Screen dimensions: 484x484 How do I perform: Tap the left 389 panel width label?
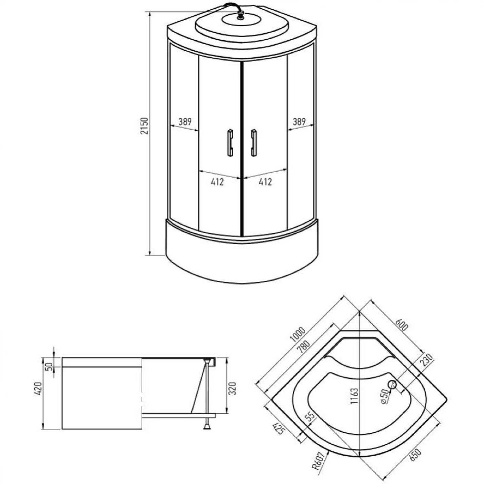[x=185, y=122]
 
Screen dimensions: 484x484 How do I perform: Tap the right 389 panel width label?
[x=299, y=122]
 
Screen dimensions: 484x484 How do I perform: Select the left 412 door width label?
[x=217, y=182]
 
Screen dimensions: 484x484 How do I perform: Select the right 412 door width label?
[x=265, y=182]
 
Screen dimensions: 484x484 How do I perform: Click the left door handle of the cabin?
[x=230, y=143]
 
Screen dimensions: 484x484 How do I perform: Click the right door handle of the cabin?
[x=254, y=143]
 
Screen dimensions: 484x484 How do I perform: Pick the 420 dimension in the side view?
[x=38, y=388]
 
